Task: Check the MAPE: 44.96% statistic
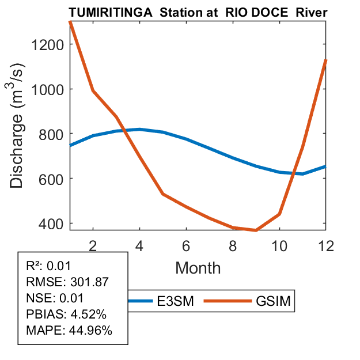(x=69, y=331)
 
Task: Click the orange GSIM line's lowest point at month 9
(x=256, y=230)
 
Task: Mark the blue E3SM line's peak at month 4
(x=140, y=129)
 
